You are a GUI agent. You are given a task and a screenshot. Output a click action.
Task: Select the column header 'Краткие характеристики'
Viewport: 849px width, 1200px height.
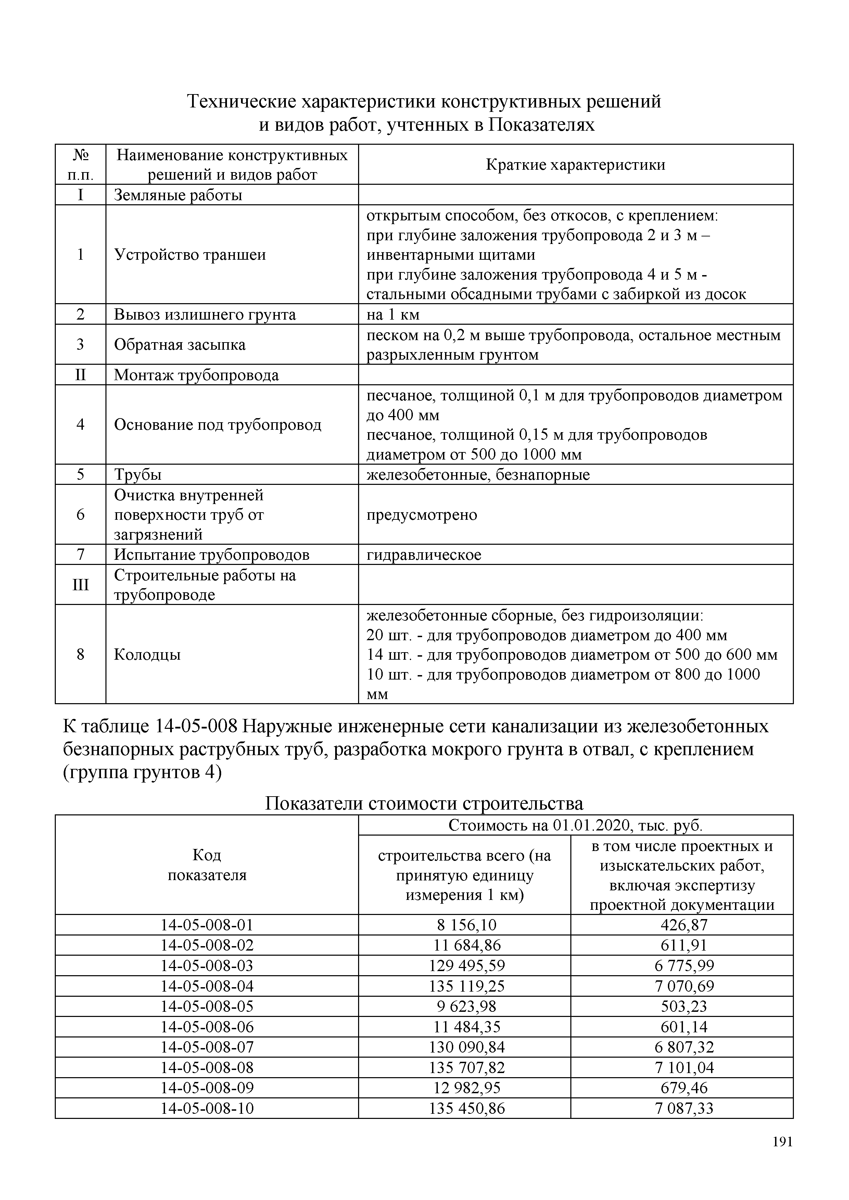click(575, 165)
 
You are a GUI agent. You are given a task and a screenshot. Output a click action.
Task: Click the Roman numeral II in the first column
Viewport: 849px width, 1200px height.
click(80, 375)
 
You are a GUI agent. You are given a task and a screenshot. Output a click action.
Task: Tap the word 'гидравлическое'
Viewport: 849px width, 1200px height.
click(423, 555)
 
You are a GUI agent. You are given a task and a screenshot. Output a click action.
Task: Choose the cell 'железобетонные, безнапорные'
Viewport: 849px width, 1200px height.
click(478, 475)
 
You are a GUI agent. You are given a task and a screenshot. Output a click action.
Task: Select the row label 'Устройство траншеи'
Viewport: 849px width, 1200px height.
click(190, 255)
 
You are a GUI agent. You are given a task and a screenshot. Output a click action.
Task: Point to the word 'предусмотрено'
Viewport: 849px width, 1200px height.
click(421, 515)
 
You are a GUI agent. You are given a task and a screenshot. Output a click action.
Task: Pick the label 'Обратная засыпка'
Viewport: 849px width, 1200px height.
click(179, 345)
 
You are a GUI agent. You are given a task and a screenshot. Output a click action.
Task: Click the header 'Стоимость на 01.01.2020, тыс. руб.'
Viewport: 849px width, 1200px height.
click(575, 826)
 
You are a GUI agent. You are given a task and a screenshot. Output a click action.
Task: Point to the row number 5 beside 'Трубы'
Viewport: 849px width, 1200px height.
click(80, 475)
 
